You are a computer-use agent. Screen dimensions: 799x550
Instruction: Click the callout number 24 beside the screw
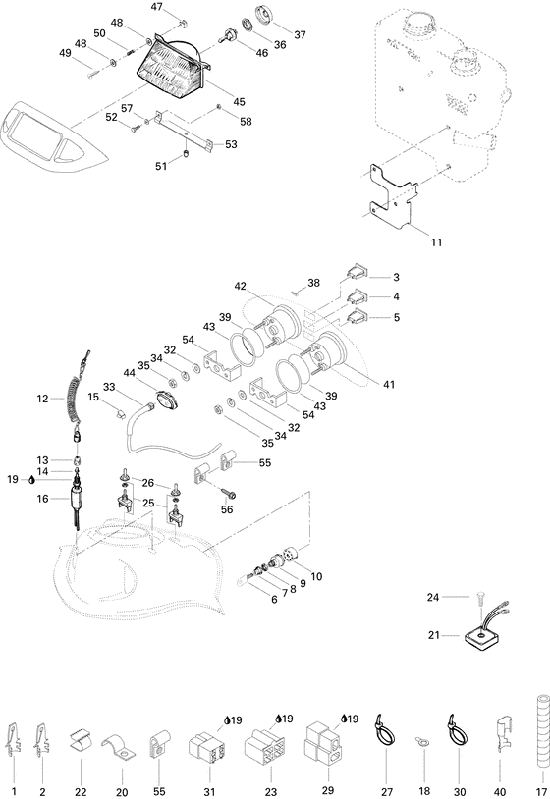460,596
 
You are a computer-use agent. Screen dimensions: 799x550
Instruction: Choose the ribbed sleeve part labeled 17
538,732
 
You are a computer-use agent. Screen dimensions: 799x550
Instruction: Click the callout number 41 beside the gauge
388,384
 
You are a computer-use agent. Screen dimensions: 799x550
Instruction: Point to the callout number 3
396,277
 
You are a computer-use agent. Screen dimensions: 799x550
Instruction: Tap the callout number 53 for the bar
231,144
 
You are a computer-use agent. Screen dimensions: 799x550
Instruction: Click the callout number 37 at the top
300,34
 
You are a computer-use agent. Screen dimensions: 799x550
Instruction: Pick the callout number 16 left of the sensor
42,499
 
